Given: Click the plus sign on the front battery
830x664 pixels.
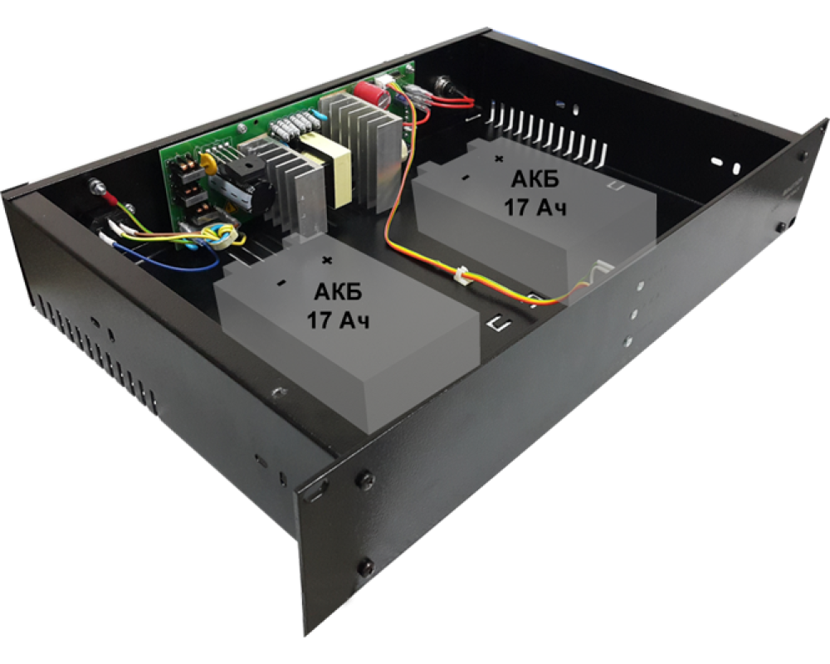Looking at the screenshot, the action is (x=328, y=260).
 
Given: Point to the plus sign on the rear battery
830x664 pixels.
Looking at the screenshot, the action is (x=498, y=158).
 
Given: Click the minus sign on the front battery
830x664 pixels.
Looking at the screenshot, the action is (x=281, y=283).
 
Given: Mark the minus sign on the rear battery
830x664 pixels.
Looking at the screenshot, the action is (x=466, y=178).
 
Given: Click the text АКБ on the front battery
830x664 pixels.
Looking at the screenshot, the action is (x=338, y=291).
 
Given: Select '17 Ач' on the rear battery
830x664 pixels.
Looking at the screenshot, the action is (x=535, y=207).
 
